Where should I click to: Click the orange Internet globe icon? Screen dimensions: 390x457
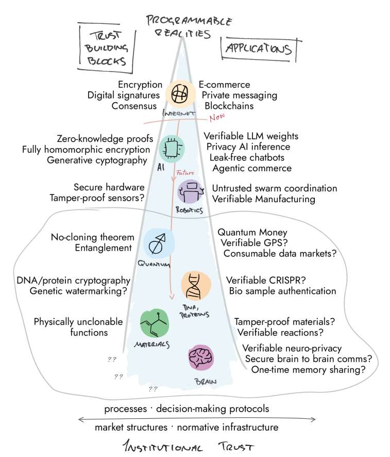pos(180,94)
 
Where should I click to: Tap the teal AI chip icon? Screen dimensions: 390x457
pos(172,149)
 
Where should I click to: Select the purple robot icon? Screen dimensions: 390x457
pos(191,191)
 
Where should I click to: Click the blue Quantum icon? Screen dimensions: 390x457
pos(159,243)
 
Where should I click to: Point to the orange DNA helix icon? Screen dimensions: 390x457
pos(196,286)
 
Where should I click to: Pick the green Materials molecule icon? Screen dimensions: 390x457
pos(154,323)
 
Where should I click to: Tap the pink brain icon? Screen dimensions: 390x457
pos(201,358)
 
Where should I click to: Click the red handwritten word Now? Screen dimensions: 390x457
pos(217,117)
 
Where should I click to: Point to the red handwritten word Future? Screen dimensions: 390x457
pos(185,173)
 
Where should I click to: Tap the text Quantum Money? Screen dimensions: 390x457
pos(252,232)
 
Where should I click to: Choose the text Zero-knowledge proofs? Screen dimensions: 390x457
pos(105,139)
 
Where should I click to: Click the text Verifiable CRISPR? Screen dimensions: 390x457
pos(266,281)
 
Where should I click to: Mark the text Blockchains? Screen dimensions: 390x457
pos(229,106)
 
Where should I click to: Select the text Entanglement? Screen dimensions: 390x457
pos(104,248)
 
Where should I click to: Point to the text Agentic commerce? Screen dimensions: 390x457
pos(252,169)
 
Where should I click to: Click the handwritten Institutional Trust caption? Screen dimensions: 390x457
pos(188,446)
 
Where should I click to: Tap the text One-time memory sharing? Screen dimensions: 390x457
pos(308,370)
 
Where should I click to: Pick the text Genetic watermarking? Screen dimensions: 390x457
pos(78,291)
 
